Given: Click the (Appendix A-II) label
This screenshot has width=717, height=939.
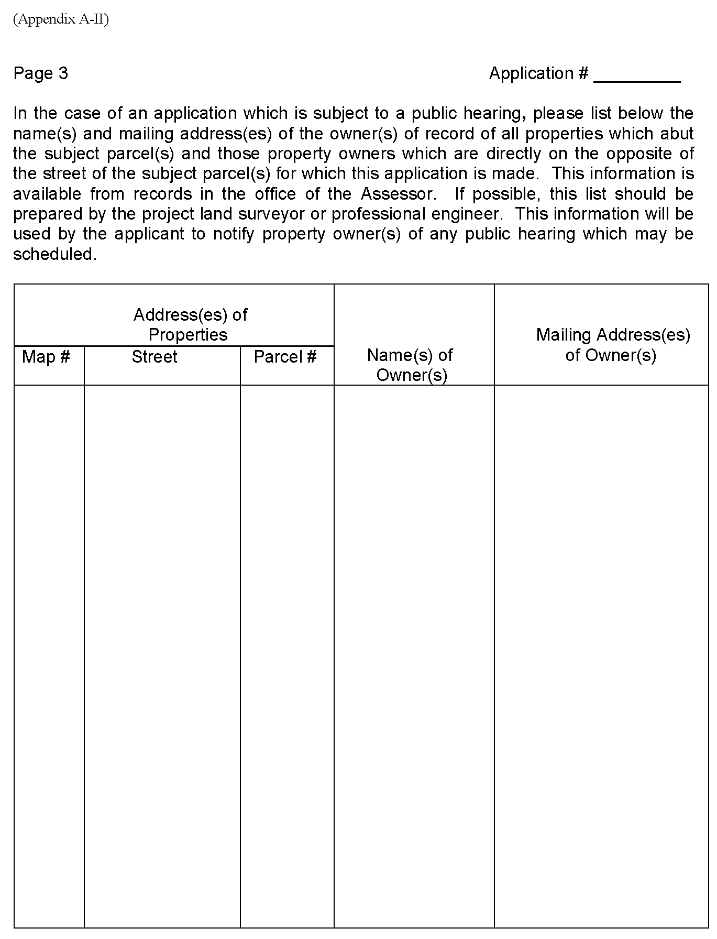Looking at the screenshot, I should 61,20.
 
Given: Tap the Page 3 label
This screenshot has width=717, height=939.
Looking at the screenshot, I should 41,73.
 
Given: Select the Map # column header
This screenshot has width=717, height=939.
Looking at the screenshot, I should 46,357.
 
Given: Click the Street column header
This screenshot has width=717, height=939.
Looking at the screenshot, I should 155,357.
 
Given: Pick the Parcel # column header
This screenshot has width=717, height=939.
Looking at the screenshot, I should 285,357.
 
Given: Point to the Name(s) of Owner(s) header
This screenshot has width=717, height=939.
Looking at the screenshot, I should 411,365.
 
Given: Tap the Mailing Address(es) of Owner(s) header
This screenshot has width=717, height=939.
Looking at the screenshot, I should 613,345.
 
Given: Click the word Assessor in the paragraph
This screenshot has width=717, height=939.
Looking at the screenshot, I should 398,194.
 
